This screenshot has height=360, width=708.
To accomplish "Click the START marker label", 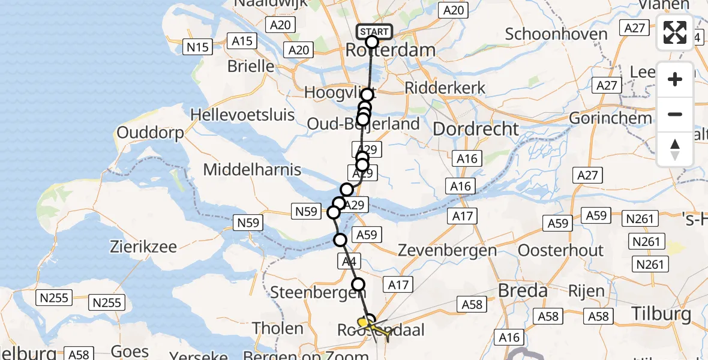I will point(374,32).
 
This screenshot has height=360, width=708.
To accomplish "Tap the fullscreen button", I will point(675,32).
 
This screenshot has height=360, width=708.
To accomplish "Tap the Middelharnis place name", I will point(252,170).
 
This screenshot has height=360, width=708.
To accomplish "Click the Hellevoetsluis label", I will point(242,114).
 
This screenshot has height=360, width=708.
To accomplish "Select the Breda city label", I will point(523,292).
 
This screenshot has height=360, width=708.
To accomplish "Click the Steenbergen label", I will point(310,293).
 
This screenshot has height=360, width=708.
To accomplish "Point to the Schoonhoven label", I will point(556,34).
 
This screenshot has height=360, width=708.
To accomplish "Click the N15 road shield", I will point(197,46).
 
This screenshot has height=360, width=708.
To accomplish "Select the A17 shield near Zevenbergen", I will point(463,215).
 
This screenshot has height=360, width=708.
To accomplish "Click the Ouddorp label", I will point(150,133).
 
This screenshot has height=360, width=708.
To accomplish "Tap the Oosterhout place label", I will point(560,250).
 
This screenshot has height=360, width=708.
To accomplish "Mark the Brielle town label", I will point(251,66).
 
